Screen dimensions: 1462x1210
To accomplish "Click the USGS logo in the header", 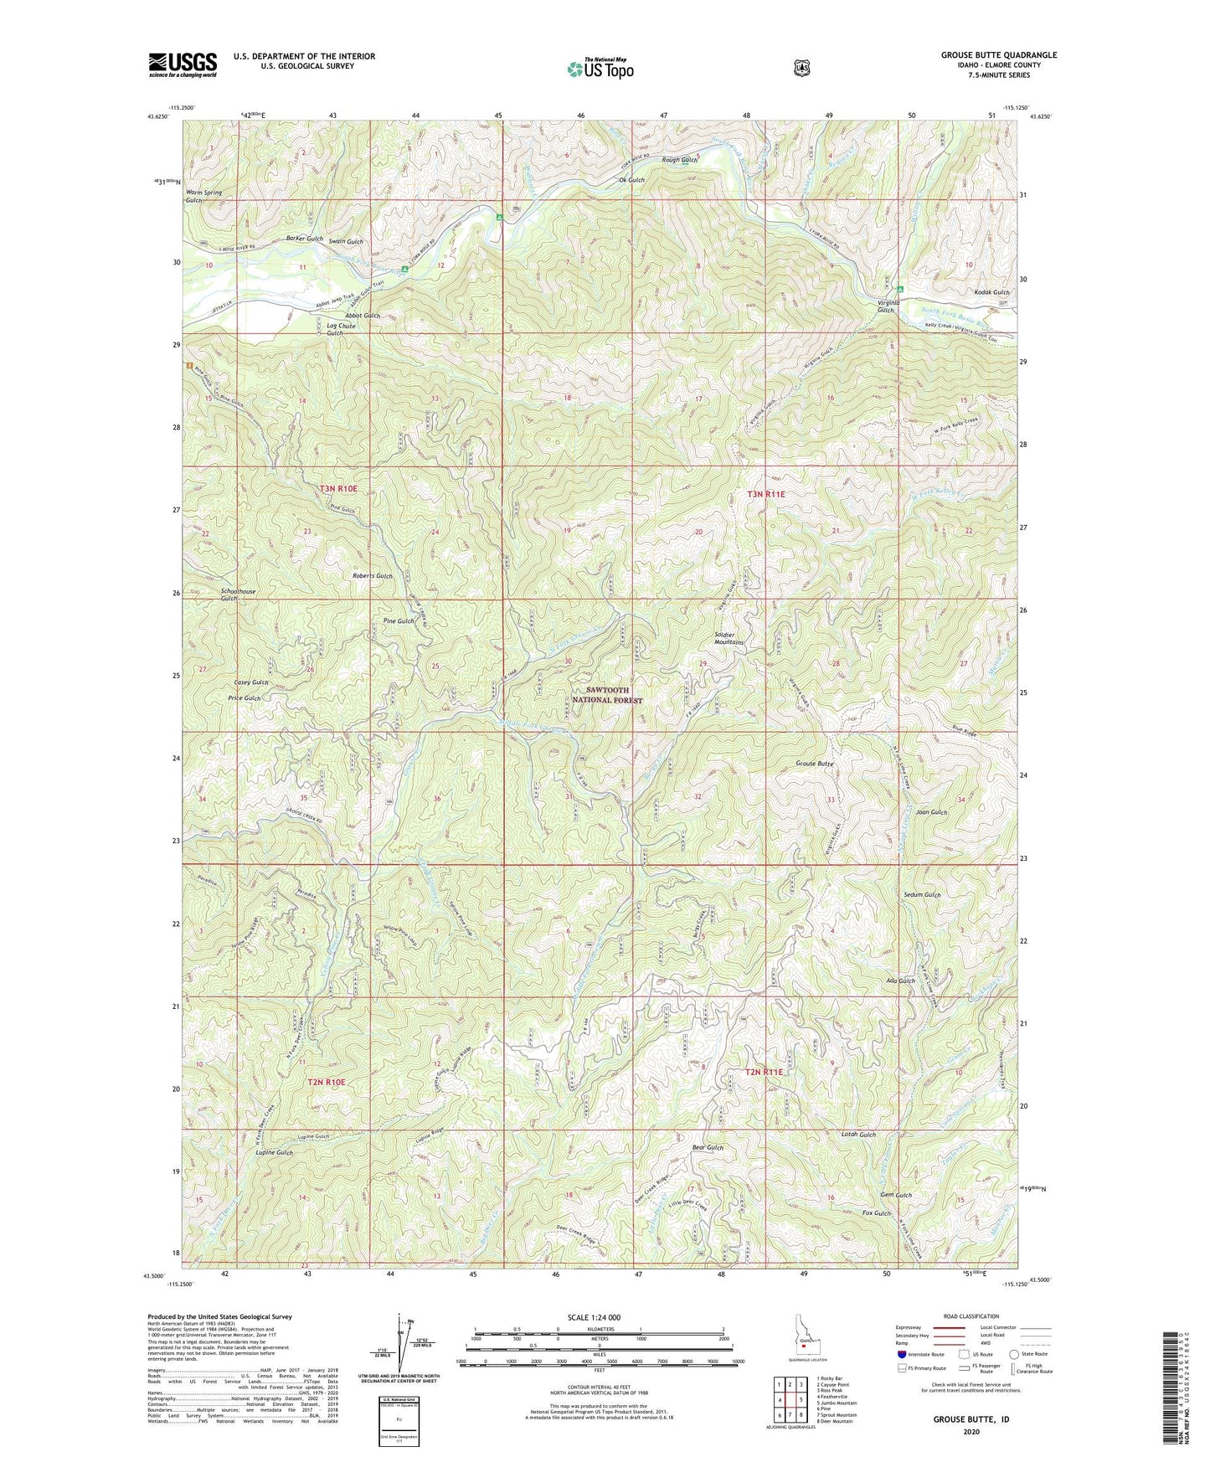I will pos(183,64).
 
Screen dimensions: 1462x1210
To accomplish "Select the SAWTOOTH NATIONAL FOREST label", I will pos(608,695).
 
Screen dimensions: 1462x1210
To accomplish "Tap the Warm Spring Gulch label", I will pos(203,197).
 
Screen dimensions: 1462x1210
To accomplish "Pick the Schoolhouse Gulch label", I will pos(238,595).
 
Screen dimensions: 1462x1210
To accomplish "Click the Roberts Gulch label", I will pos(372,576).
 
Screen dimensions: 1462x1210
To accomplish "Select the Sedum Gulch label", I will pos(922,895).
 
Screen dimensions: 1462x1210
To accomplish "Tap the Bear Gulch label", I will pos(708,1147).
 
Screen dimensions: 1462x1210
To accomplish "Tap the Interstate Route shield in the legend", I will pos(901,1353).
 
